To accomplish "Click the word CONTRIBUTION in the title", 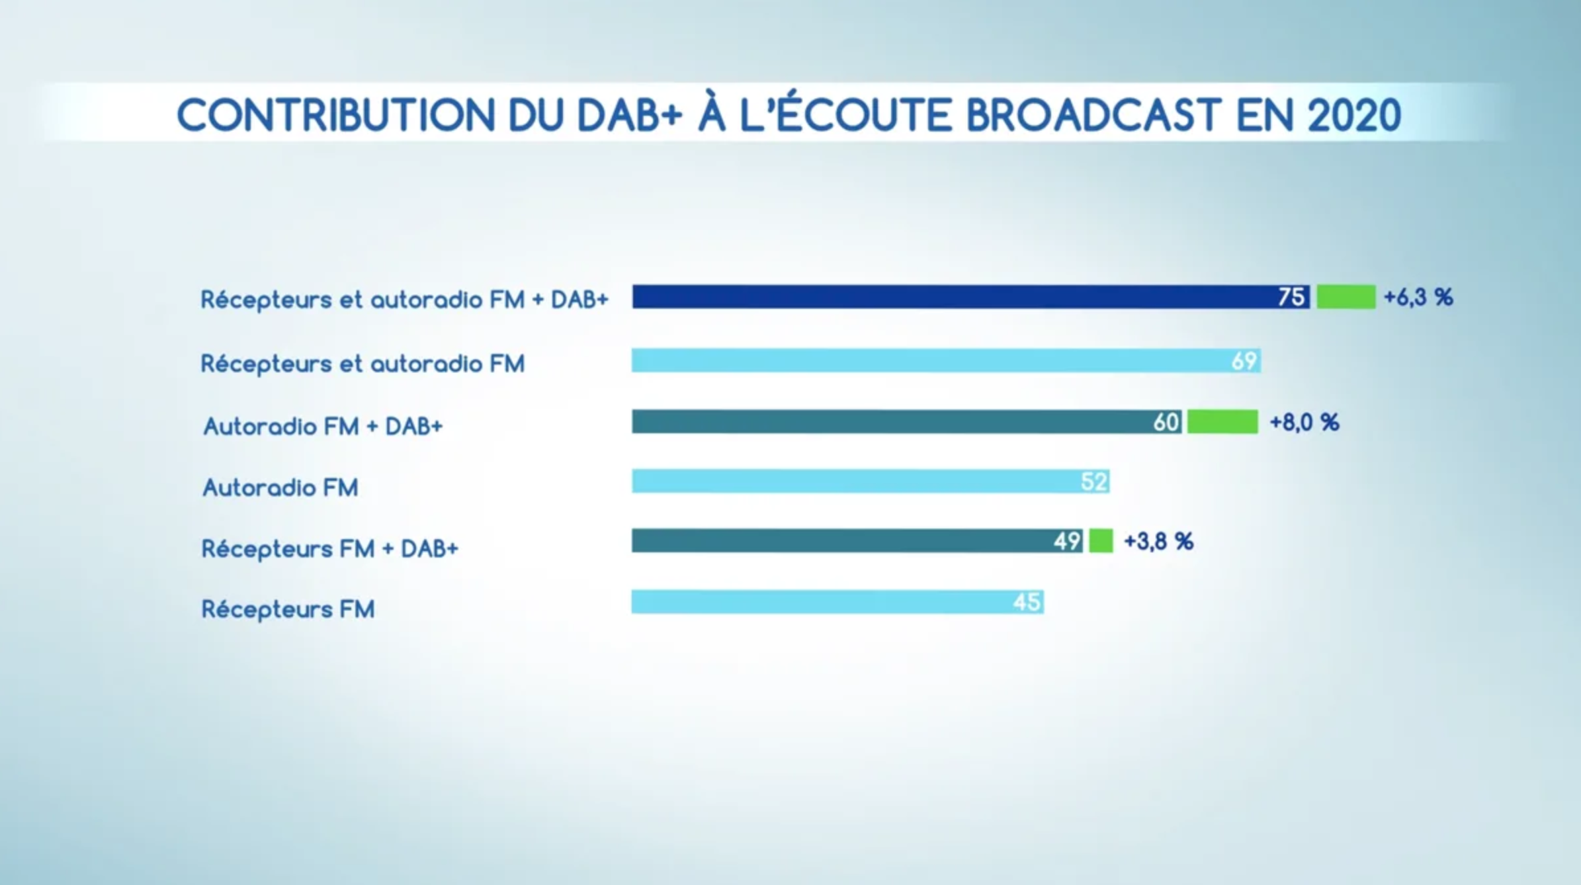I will tap(335, 116).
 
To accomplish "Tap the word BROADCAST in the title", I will tap(1093, 116).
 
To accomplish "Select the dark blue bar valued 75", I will tap(953, 297).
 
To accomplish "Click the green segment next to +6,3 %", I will tap(1346, 297).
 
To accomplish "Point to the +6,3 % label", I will tap(1418, 298).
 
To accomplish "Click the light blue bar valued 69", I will tap(926, 361).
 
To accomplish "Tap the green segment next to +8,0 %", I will tap(1222, 422).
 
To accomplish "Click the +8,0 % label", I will tap(1304, 423).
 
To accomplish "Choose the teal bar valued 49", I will tap(840, 541).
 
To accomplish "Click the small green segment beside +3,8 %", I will tap(1101, 541).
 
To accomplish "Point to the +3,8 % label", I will tap(1158, 542).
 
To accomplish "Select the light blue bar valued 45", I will tap(820, 602).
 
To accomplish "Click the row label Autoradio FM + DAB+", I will tap(323, 427).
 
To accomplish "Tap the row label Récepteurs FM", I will tap(288, 609).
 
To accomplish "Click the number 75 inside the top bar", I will tap(1291, 297).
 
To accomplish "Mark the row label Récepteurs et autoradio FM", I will tap(363, 364).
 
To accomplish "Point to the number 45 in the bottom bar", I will tap(1027, 602).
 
